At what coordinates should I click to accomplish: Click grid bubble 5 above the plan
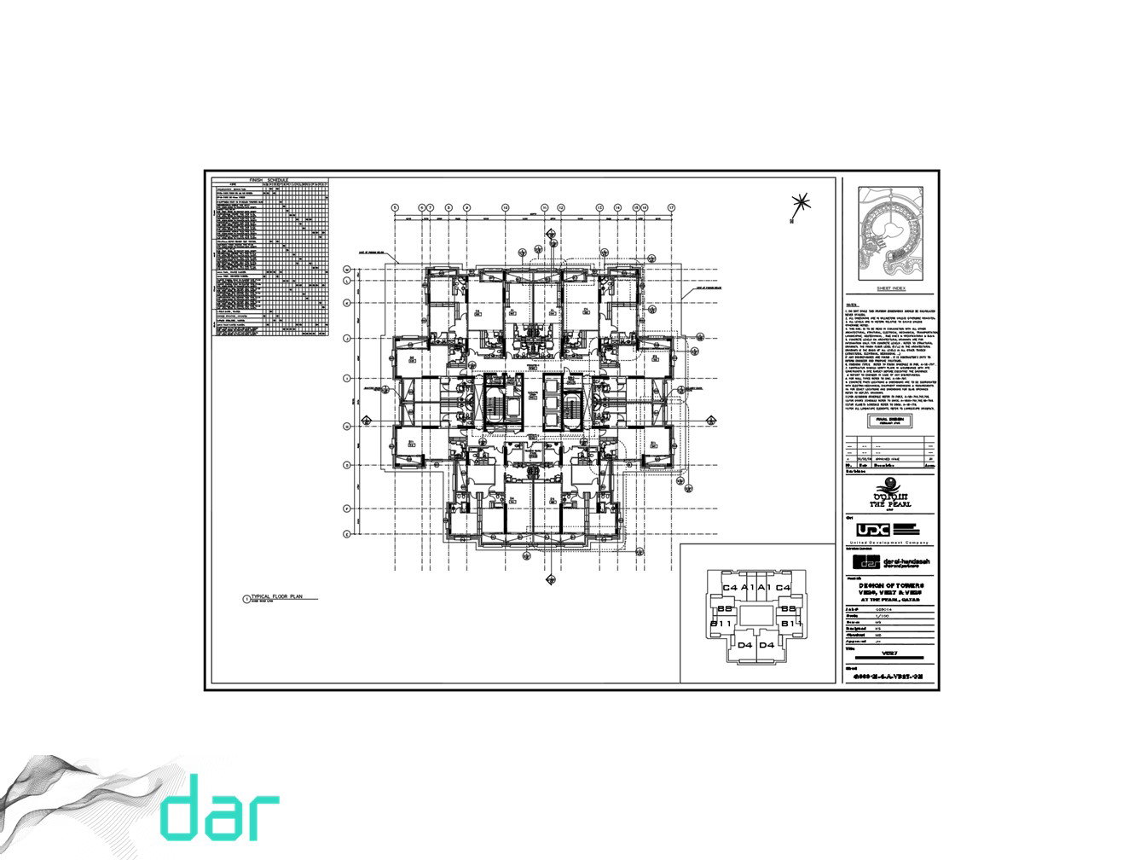pyautogui.click(x=396, y=207)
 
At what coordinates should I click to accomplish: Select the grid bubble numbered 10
pyautogui.click(x=505, y=207)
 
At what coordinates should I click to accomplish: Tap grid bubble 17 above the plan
pyautogui.click(x=672, y=207)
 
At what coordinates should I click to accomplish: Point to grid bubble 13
pyautogui.click(x=599, y=207)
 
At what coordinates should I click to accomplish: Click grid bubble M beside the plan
pyautogui.click(x=347, y=270)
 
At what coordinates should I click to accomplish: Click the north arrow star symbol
pyautogui.click(x=800, y=204)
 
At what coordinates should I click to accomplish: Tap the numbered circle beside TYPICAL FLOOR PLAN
pyautogui.click(x=246, y=600)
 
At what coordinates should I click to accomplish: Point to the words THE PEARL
pyautogui.click(x=889, y=504)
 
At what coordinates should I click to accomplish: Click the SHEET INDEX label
pyautogui.click(x=889, y=289)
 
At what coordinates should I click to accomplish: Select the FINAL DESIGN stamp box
pyautogui.click(x=889, y=421)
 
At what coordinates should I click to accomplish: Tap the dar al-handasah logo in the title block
pyautogui.click(x=889, y=562)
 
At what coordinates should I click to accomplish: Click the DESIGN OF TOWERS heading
pyautogui.click(x=891, y=586)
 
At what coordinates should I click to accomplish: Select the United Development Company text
pyautogui.click(x=891, y=543)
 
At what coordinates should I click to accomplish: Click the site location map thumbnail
pyautogui.click(x=890, y=233)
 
